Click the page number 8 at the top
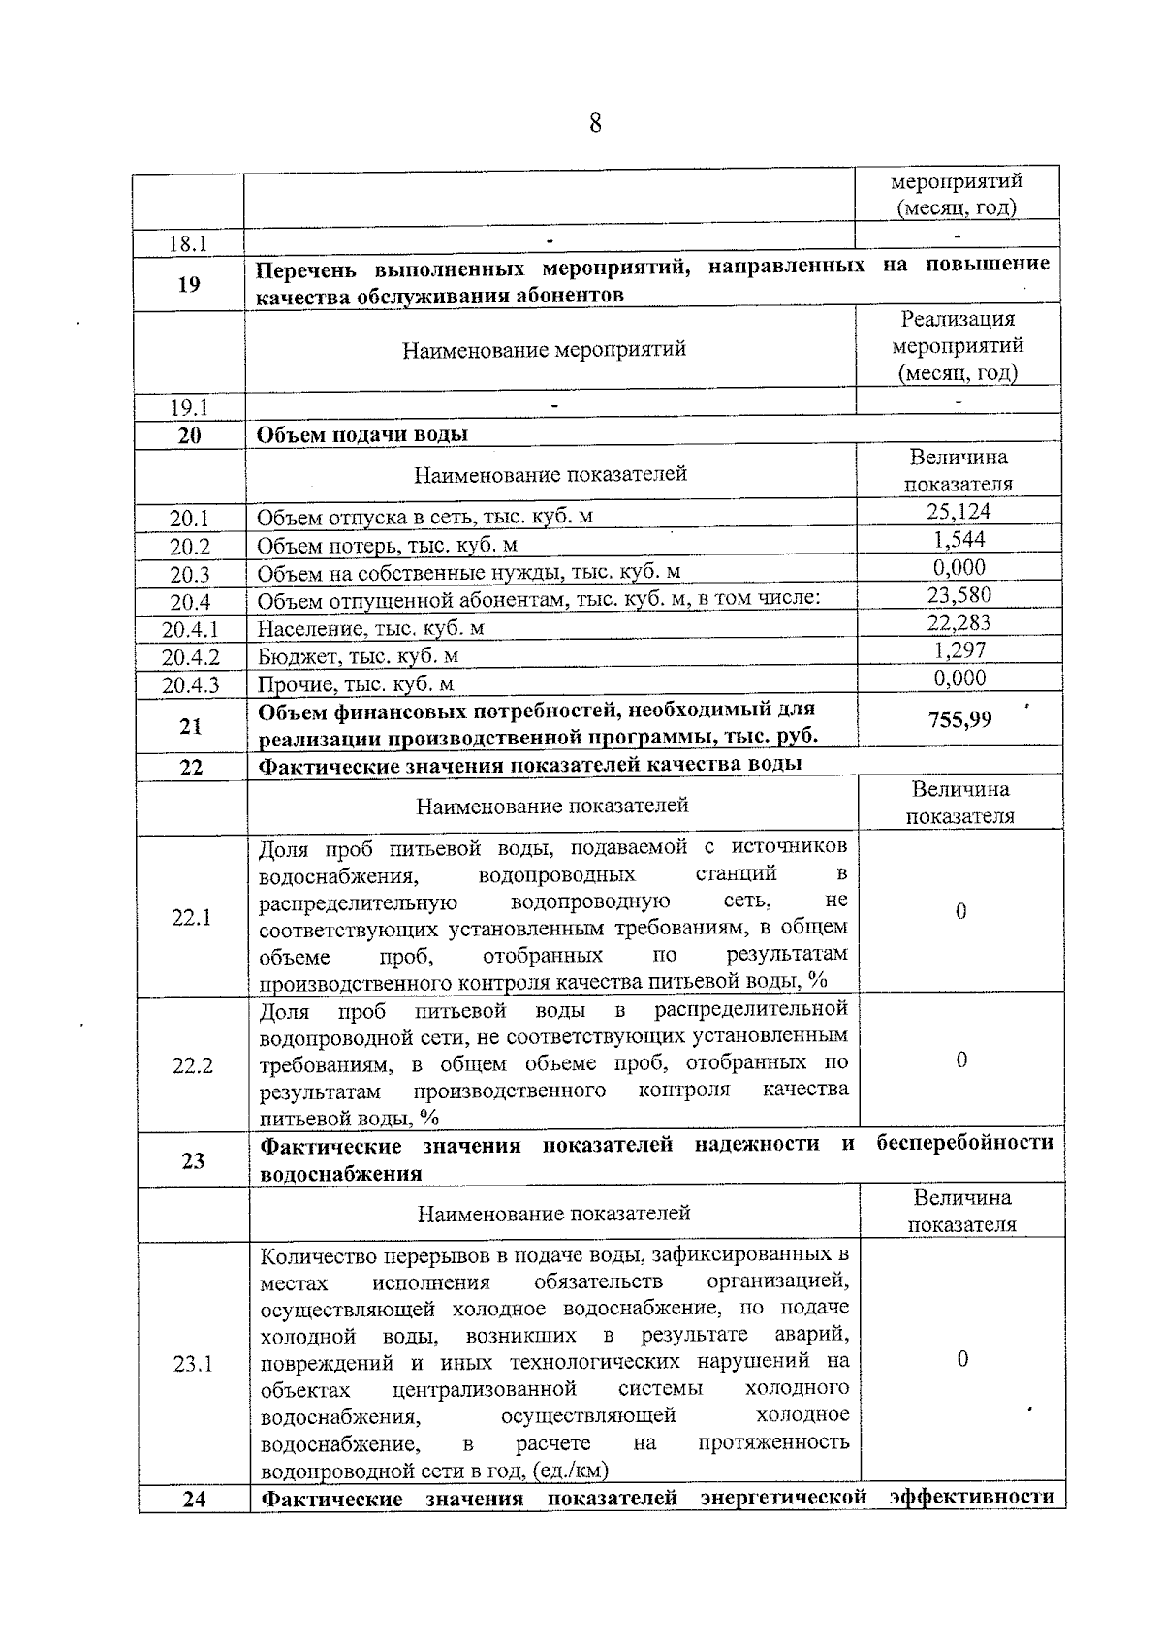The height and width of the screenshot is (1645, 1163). tap(594, 124)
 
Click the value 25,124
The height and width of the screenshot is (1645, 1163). tap(959, 511)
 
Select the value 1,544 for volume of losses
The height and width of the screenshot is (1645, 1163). tap(959, 539)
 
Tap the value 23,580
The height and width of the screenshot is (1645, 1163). tap(959, 594)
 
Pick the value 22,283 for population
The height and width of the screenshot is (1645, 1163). tap(959, 622)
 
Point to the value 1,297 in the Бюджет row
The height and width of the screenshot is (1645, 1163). tap(959, 650)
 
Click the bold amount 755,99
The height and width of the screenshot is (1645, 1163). tap(959, 719)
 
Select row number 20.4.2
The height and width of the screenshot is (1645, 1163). tap(191, 657)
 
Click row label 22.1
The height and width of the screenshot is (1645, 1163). tap(191, 917)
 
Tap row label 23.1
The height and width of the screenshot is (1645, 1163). tap(192, 1364)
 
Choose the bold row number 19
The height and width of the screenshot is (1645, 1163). tap(190, 284)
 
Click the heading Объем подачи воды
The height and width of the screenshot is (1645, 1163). tap(361, 434)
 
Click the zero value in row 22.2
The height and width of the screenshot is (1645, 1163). tap(961, 1060)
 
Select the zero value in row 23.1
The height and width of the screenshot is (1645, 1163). tap(962, 1359)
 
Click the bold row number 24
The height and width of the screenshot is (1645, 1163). tap(194, 1499)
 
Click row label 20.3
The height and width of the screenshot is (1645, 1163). tap(190, 575)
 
